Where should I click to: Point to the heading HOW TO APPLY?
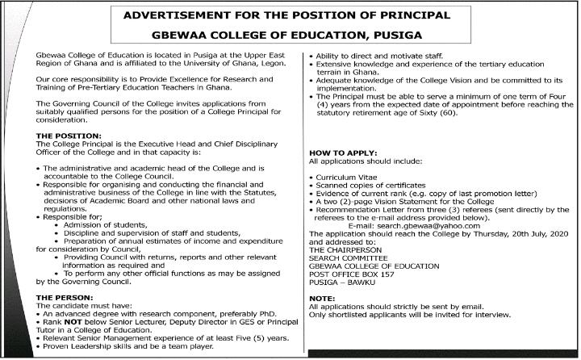point(342,153)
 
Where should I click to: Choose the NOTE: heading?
point(322,299)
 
